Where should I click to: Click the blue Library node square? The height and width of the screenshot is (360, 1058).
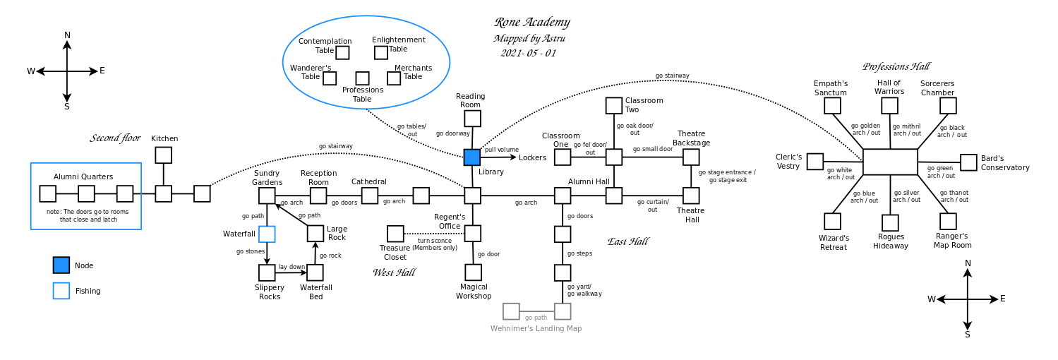pos(472,157)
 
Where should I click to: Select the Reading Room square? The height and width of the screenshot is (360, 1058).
pos(472,119)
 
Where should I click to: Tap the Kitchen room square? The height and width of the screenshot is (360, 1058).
pos(163,155)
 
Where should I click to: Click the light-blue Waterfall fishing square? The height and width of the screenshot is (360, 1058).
pos(267,234)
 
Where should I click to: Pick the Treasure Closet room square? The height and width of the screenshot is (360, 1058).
pos(395,234)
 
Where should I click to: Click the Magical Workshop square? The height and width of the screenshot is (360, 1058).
pos(473,272)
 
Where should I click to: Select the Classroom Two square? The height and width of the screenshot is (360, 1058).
pos(614,106)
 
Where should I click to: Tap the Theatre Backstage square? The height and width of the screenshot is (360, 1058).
pos(691,157)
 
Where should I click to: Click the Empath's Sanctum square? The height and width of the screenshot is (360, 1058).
pos(833,106)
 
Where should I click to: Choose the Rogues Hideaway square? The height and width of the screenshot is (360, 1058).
pos(890,223)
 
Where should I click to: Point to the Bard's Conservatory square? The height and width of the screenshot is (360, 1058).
pos(968,162)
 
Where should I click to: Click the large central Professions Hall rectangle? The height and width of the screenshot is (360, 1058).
pos(890,162)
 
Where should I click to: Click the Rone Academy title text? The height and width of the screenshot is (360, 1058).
pos(531,23)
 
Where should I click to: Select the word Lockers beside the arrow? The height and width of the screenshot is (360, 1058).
pos(532,157)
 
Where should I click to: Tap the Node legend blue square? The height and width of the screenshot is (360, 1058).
pos(61,265)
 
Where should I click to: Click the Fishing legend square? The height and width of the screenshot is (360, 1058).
pos(61,291)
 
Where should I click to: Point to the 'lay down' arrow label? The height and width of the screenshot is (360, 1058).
pos(291,267)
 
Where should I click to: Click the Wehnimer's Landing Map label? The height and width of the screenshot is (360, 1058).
pos(536,329)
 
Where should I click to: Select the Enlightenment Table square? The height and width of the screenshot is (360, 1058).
pos(381,53)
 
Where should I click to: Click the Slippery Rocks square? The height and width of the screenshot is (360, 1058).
pos(267,272)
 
